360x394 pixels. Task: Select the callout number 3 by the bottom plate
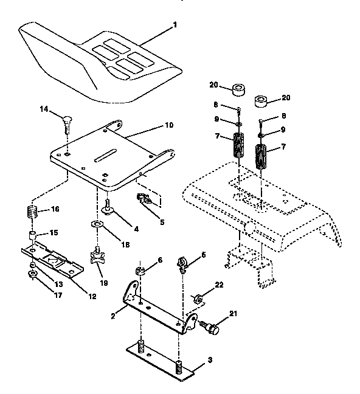209,361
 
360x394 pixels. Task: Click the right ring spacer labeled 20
263,101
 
